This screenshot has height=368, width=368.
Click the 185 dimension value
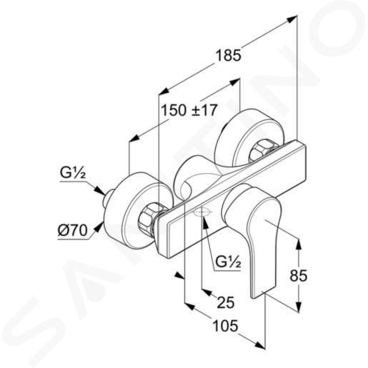click(x=228, y=56)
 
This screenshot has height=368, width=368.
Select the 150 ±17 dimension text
click(x=189, y=110)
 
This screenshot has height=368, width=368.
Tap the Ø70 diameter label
click(x=73, y=230)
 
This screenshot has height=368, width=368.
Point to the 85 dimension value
click(x=299, y=276)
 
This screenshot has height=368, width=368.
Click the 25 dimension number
click(x=226, y=302)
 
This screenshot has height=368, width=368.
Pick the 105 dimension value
click(x=225, y=326)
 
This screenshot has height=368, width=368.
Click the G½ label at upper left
click(x=73, y=173)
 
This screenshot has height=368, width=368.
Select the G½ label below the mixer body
click(x=228, y=262)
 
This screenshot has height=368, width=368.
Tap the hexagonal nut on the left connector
click(x=148, y=216)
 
